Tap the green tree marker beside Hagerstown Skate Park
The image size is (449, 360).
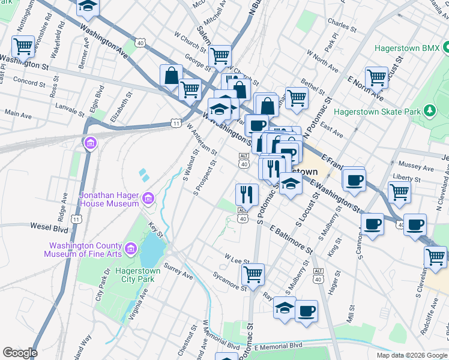click(429, 110)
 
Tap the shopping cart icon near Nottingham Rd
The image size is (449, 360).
click(23, 46)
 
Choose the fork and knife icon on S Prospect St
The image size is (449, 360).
click(247, 193)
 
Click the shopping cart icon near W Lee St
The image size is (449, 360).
click(253, 274)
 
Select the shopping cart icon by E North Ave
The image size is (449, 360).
click(376, 77)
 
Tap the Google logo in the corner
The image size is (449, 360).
click(20, 353)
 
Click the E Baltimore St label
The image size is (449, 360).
click(292, 239)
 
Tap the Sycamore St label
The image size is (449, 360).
click(230, 281)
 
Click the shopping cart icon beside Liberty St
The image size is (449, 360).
click(399, 192)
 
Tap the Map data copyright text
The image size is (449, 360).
click(411, 355)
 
